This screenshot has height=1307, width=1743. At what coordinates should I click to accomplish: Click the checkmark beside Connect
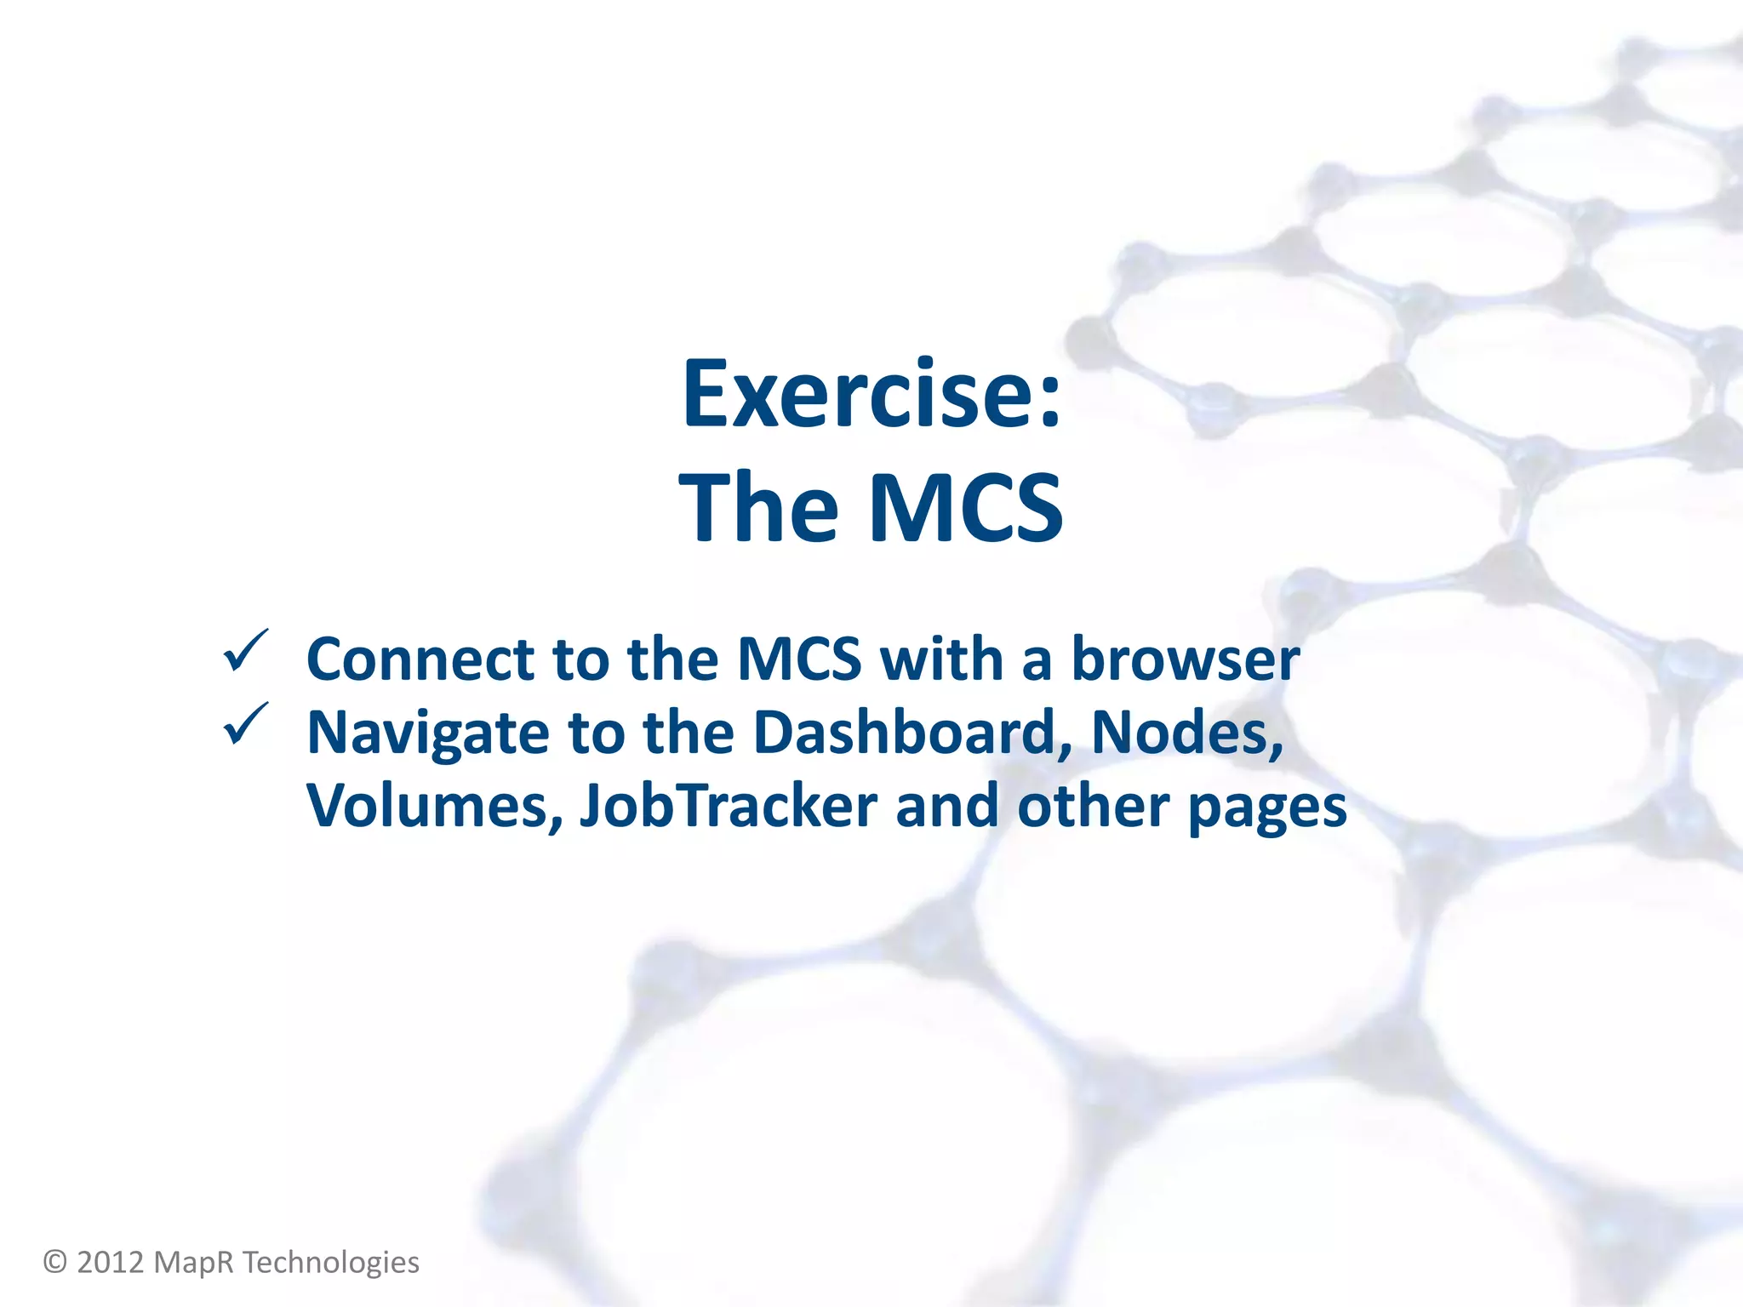[x=245, y=652]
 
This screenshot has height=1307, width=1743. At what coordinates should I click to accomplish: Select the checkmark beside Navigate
[x=245, y=724]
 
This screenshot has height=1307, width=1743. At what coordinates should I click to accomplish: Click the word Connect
[x=420, y=659]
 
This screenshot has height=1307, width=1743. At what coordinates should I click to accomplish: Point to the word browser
[x=1185, y=659]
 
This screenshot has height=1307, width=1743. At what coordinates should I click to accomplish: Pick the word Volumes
[x=435, y=806]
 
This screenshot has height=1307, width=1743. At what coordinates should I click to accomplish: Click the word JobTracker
[x=729, y=806]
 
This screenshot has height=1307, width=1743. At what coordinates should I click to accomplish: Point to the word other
[x=1093, y=806]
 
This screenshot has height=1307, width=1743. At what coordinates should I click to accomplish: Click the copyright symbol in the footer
[x=55, y=1262]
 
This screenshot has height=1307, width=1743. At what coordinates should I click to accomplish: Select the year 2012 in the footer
[x=111, y=1262]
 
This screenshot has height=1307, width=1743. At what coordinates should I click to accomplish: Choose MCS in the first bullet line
[x=799, y=659]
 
